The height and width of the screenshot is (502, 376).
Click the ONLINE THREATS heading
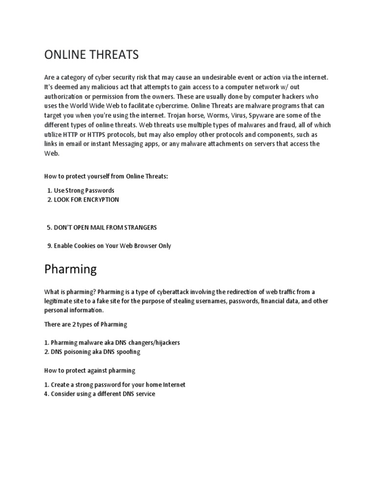tap(92, 55)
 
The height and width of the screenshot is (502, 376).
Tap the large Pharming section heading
tap(70, 269)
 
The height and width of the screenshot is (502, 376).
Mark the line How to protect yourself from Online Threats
tap(106, 176)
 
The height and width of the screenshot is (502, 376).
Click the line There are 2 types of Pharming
tap(86, 324)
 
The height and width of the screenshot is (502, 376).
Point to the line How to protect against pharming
tap(90, 370)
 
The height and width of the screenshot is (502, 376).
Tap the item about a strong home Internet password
tap(115, 384)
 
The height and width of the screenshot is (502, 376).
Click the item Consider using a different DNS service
tap(99, 394)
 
